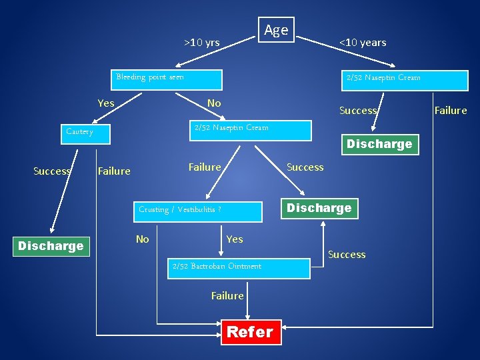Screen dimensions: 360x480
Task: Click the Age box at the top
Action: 276,30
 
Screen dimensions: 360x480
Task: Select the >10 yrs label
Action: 202,43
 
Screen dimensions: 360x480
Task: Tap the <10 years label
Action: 363,43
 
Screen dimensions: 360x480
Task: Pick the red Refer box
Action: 250,332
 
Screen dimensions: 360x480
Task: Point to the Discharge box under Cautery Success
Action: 51,245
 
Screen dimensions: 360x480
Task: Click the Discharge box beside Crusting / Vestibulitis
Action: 319,208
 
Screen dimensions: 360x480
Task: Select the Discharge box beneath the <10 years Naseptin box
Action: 379,144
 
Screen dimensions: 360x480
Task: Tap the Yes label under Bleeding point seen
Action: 106,103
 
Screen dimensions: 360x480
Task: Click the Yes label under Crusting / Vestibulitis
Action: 235,239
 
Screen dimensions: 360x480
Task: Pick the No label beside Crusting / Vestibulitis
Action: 143,239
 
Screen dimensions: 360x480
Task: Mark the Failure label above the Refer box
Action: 227,295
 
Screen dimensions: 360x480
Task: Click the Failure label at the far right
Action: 451,111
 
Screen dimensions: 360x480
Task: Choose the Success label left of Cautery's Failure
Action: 52,171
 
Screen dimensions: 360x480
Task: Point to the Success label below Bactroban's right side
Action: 347,255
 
